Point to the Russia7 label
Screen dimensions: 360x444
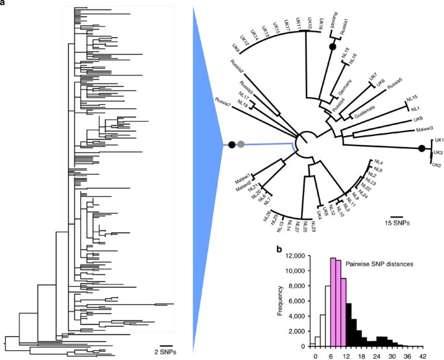[x=224, y=102]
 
